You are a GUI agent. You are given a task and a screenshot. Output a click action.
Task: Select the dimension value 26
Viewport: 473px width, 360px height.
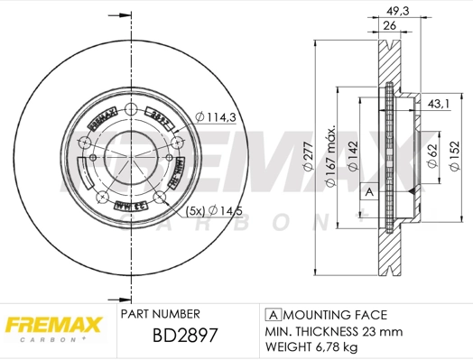pos(390,26)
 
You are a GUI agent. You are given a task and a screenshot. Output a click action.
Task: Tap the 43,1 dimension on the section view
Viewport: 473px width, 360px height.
pos(438,106)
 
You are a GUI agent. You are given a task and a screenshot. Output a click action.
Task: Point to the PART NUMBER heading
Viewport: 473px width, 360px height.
pos(160,314)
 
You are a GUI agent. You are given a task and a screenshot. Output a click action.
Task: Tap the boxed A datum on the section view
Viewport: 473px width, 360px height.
pos(368,192)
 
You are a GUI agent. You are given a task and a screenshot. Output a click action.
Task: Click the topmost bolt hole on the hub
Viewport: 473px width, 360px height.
pos(130,111)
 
